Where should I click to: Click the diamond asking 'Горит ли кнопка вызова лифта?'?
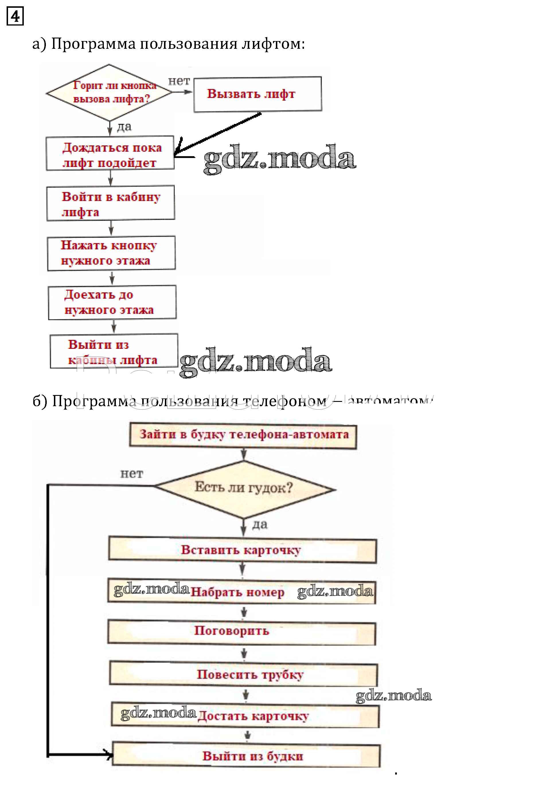[x=109, y=92]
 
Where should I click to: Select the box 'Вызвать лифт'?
[x=257, y=94]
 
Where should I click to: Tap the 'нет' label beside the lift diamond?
[x=179, y=81]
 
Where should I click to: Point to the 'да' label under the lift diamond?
[x=124, y=127]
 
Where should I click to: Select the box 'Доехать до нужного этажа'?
[x=112, y=302]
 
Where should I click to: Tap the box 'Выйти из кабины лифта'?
[x=114, y=351]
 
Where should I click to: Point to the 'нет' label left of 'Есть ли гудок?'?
[x=132, y=474]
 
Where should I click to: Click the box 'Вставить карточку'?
[x=242, y=550]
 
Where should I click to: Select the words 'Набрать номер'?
[x=237, y=592]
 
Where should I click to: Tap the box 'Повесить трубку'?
[x=243, y=674]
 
